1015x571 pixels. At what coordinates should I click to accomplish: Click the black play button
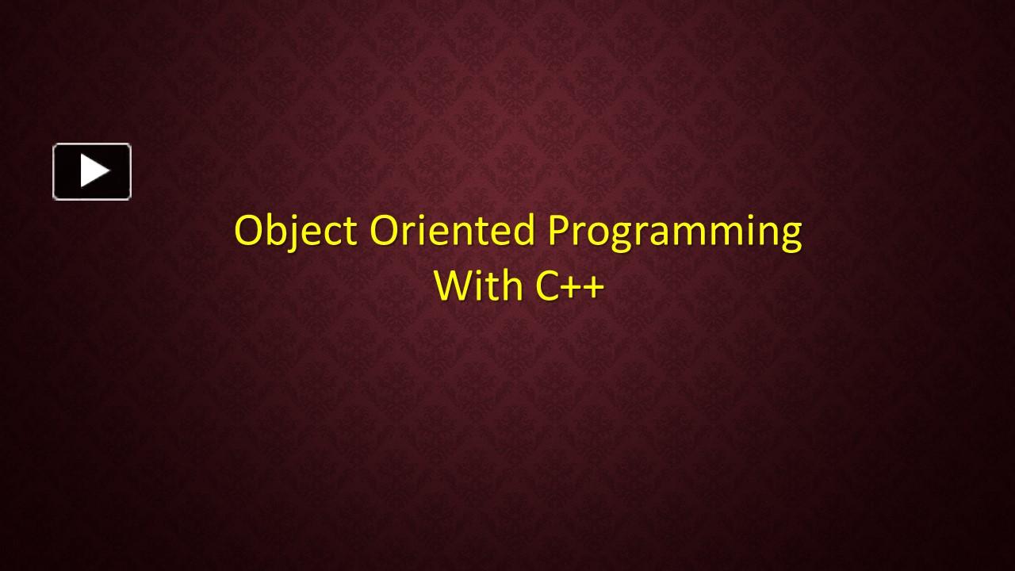pos(92,171)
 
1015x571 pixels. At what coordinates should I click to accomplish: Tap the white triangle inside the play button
pos(95,171)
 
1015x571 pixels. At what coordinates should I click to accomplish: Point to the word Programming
pos(675,232)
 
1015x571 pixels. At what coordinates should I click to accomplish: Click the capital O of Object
pos(249,231)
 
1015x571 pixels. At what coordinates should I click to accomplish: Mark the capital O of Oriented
pos(385,231)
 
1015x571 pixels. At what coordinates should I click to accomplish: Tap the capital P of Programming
pos(558,231)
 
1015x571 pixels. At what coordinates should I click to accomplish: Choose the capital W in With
pos(454,285)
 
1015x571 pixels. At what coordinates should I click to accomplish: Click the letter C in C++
pos(548,286)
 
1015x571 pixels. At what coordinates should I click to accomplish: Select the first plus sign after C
pos(573,287)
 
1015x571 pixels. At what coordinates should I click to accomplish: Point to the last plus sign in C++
pos(594,287)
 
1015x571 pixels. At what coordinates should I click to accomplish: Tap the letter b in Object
pos(279,230)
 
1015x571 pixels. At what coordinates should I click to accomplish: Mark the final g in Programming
pos(791,238)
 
